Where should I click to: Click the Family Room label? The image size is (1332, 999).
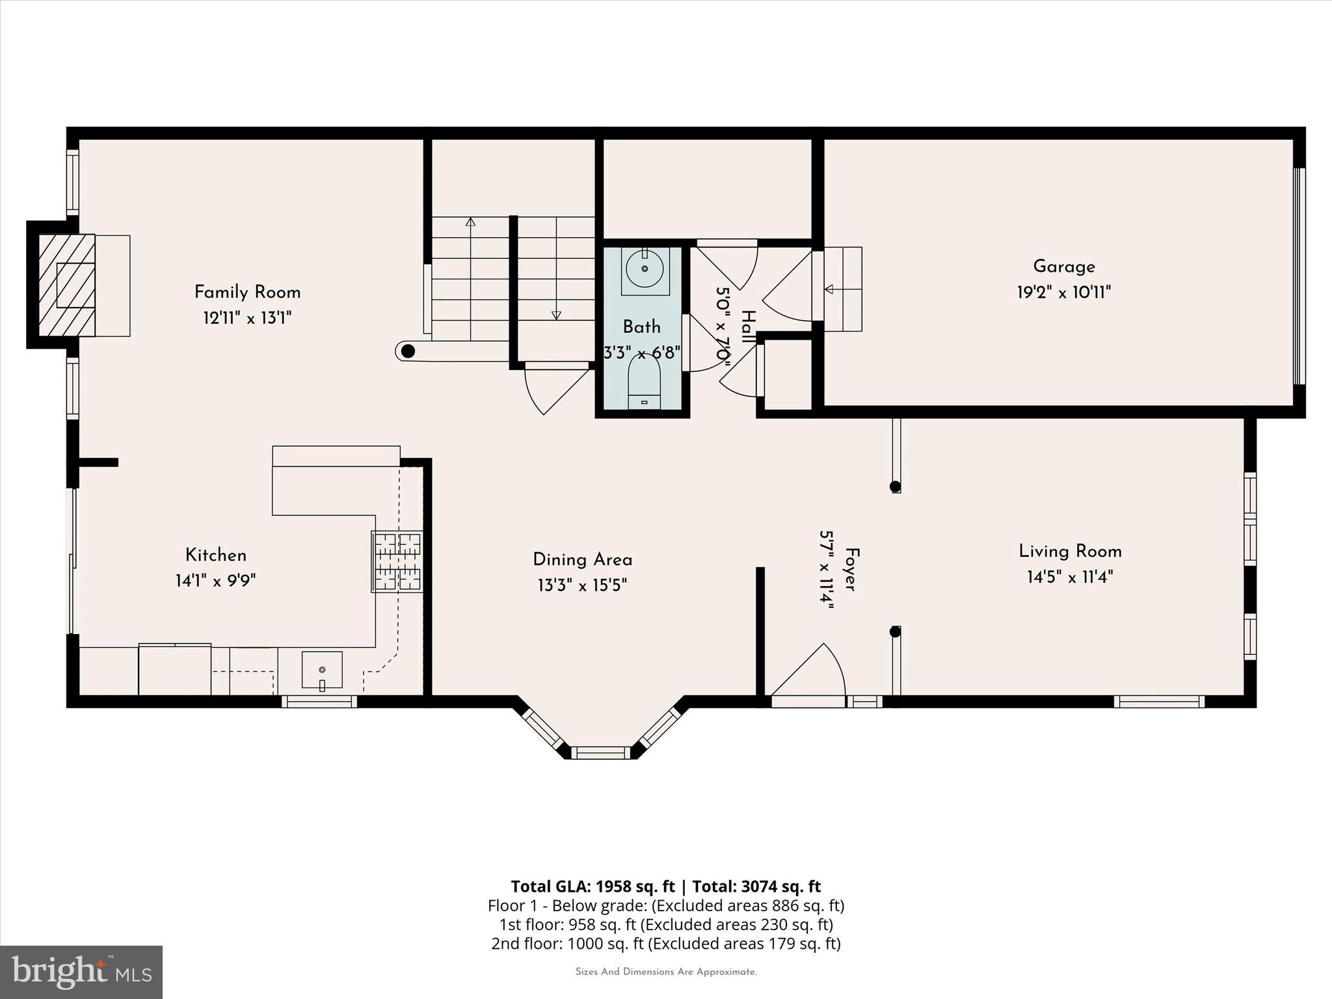click(247, 292)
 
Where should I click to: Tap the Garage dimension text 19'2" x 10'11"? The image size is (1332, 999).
click(1063, 293)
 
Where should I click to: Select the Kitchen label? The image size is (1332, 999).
click(216, 555)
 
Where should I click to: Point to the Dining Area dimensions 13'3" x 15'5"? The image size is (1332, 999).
click(582, 586)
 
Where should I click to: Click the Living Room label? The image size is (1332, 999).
click(1070, 552)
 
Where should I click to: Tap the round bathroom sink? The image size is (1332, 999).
click(645, 269)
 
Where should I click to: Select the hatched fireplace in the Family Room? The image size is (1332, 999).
click(67, 286)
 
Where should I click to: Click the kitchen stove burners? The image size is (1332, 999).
click(397, 561)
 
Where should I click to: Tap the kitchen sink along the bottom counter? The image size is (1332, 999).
click(321, 669)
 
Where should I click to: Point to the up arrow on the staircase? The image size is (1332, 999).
click(470, 222)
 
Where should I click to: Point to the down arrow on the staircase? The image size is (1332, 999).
click(556, 315)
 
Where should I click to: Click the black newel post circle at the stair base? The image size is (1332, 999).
click(408, 352)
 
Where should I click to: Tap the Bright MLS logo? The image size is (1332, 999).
click(81, 972)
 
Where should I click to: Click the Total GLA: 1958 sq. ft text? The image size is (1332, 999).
click(593, 886)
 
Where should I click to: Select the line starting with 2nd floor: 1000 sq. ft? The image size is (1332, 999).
click(665, 943)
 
